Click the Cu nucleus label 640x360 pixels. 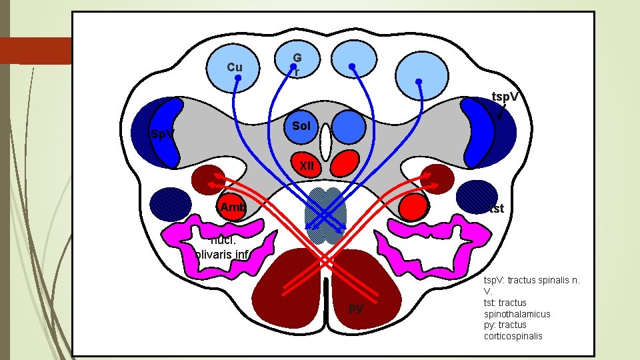click(x=235, y=67)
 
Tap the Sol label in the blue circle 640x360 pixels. click(x=301, y=126)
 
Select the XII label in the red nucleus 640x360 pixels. click(x=307, y=165)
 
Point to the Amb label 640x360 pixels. click(x=233, y=207)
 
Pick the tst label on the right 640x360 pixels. click(x=495, y=209)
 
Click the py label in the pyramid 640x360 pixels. click(x=356, y=308)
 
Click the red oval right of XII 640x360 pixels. click(x=345, y=162)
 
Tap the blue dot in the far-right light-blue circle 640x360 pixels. click(x=419, y=82)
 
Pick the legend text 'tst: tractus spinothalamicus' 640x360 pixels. click(x=517, y=307)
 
